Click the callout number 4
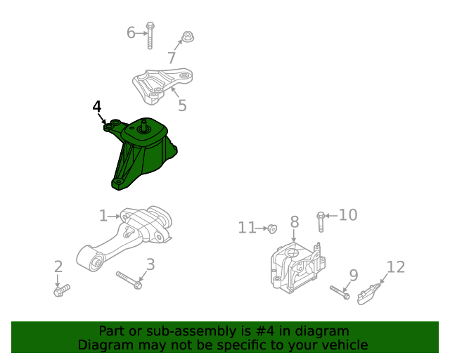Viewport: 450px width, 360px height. coord(97,106)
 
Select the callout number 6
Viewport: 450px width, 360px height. coord(131,32)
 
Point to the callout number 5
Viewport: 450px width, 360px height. coord(182,105)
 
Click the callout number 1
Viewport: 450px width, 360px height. coord(103,216)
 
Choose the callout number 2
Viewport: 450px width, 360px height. coord(58,266)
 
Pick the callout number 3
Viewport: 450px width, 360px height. coord(150,264)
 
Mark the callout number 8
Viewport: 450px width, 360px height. coord(295,222)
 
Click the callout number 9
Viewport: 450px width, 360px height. coord(354,275)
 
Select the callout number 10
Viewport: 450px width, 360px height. coord(348,214)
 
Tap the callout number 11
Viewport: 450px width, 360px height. coord(247,227)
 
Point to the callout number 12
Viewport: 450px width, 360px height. coord(396,267)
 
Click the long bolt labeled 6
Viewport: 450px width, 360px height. coord(150,36)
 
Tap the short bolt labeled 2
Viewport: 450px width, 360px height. coord(61,289)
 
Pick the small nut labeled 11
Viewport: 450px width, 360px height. coord(274,228)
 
